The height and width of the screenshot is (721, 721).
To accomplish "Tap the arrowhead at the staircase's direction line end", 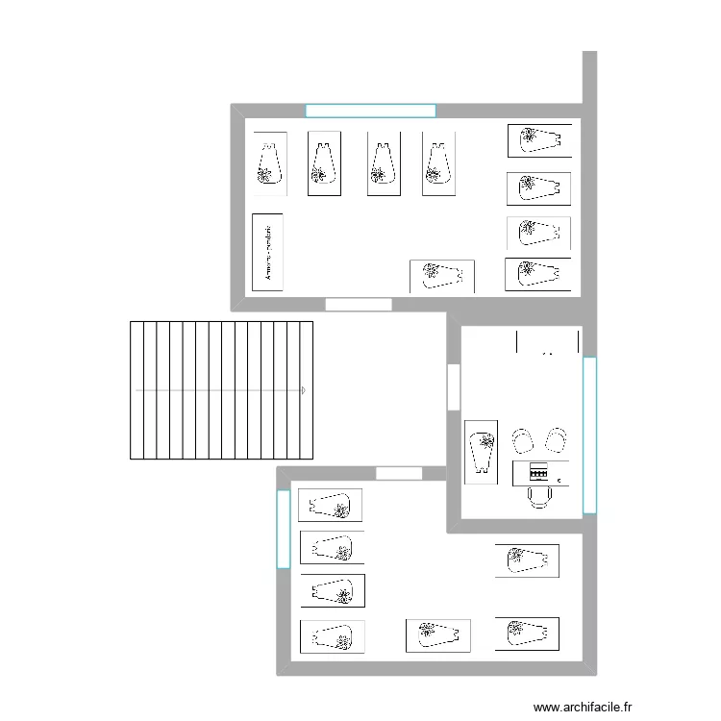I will tap(304, 390).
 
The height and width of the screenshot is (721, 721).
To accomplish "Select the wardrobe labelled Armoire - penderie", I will tap(267, 252).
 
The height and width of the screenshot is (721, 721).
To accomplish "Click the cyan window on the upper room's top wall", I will tap(370, 111).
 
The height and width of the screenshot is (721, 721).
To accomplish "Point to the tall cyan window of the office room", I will tap(589, 435).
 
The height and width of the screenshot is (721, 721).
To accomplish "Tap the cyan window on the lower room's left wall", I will tap(283, 529).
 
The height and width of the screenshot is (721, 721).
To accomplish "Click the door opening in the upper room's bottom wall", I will tap(359, 305).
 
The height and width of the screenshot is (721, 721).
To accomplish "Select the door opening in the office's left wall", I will tap(454, 387).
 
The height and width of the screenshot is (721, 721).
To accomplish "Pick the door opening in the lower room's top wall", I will tap(398, 473).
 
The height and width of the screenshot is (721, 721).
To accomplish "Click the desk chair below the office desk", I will tap(538, 496).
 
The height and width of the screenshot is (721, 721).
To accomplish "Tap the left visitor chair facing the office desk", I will tap(523, 440).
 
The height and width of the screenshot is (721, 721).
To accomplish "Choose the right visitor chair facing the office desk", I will tap(555, 440).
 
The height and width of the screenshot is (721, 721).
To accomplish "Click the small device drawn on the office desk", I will tap(538, 473).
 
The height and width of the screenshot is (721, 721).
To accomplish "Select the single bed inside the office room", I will tap(481, 451).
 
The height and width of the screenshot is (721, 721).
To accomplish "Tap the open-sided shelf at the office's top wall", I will tap(548, 341).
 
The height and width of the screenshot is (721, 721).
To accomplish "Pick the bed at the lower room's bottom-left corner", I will tap(332, 636).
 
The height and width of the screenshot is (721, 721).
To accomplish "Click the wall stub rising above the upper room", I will tap(589, 77).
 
